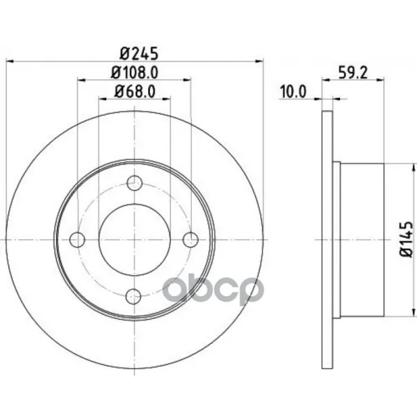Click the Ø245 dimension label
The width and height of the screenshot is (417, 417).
click(x=139, y=54)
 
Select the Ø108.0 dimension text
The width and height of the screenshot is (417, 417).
click(x=135, y=72)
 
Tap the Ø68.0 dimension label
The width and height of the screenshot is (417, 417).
click(x=135, y=92)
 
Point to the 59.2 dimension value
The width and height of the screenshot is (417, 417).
click(x=352, y=72)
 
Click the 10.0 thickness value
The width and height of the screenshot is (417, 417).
click(x=293, y=92)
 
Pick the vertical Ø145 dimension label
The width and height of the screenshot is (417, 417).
click(x=407, y=240)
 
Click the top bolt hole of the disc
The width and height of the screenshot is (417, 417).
click(x=134, y=183)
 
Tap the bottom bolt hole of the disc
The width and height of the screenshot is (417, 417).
click(x=133, y=297)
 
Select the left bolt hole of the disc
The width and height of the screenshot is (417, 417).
click(x=77, y=240)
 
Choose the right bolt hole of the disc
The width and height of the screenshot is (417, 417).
click(x=190, y=240)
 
